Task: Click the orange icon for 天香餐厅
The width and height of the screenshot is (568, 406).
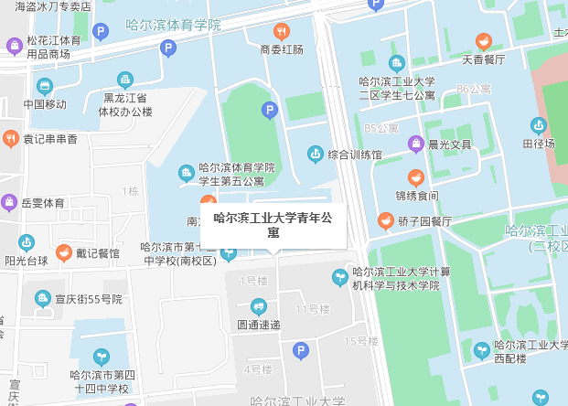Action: tap(483, 41)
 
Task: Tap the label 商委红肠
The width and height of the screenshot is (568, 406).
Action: tap(281, 49)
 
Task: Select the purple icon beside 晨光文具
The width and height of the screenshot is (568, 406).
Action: tap(416, 144)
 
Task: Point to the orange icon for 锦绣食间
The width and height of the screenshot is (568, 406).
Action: tap(416, 176)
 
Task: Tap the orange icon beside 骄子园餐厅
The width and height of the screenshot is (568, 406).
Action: tap(386, 220)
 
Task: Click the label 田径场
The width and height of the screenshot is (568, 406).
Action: tap(538, 144)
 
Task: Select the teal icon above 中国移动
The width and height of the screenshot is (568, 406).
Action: tap(45, 86)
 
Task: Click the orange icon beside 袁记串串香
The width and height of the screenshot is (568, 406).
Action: tap(11, 139)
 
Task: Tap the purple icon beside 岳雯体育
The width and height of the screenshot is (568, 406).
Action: tap(9, 202)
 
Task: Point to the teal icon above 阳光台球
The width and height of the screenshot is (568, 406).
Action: tap(27, 242)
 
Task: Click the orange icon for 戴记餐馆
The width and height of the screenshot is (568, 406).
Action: tap(64, 252)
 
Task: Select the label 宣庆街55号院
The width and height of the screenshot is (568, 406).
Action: tap(88, 299)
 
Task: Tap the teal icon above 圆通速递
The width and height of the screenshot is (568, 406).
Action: tap(258, 306)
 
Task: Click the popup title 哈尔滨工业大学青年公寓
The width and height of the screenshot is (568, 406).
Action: tap(273, 225)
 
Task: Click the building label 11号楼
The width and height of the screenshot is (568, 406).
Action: tap(312, 308)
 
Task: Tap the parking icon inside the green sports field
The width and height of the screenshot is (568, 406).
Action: tap(269, 111)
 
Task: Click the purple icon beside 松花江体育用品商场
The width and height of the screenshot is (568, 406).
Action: tap(14, 46)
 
